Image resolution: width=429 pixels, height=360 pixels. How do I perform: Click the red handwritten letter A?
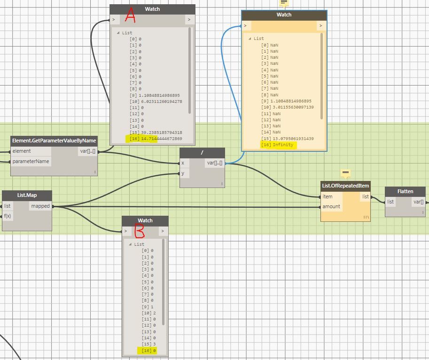click(x=130, y=17)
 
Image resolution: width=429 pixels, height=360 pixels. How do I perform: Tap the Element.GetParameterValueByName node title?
click(x=54, y=141)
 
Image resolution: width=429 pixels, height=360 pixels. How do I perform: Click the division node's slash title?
click(x=202, y=153)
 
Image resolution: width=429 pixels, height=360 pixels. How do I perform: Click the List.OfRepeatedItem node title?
click(x=345, y=186)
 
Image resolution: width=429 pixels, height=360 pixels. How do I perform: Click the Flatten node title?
click(x=405, y=191)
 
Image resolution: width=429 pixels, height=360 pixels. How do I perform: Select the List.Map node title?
click(x=27, y=195)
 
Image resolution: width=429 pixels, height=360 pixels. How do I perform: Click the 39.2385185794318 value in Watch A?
click(x=160, y=133)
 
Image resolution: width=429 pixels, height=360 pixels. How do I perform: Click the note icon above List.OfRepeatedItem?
click(x=345, y=173)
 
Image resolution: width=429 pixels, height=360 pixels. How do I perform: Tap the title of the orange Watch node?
click(x=284, y=15)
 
